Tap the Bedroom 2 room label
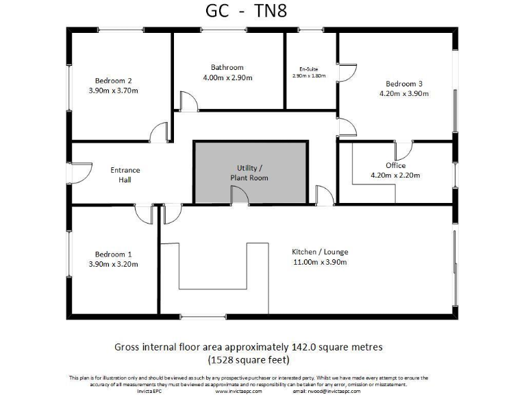[x=113, y=81]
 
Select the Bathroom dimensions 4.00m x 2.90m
[x=227, y=77]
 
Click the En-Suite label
[x=309, y=69]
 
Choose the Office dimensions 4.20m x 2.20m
[x=395, y=175]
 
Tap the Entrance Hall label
[x=125, y=175]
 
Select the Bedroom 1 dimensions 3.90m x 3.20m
[x=113, y=263]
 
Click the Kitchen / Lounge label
[x=320, y=252]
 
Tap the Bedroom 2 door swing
[x=160, y=132]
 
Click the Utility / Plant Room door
[x=240, y=196]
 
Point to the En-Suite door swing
[x=348, y=72]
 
